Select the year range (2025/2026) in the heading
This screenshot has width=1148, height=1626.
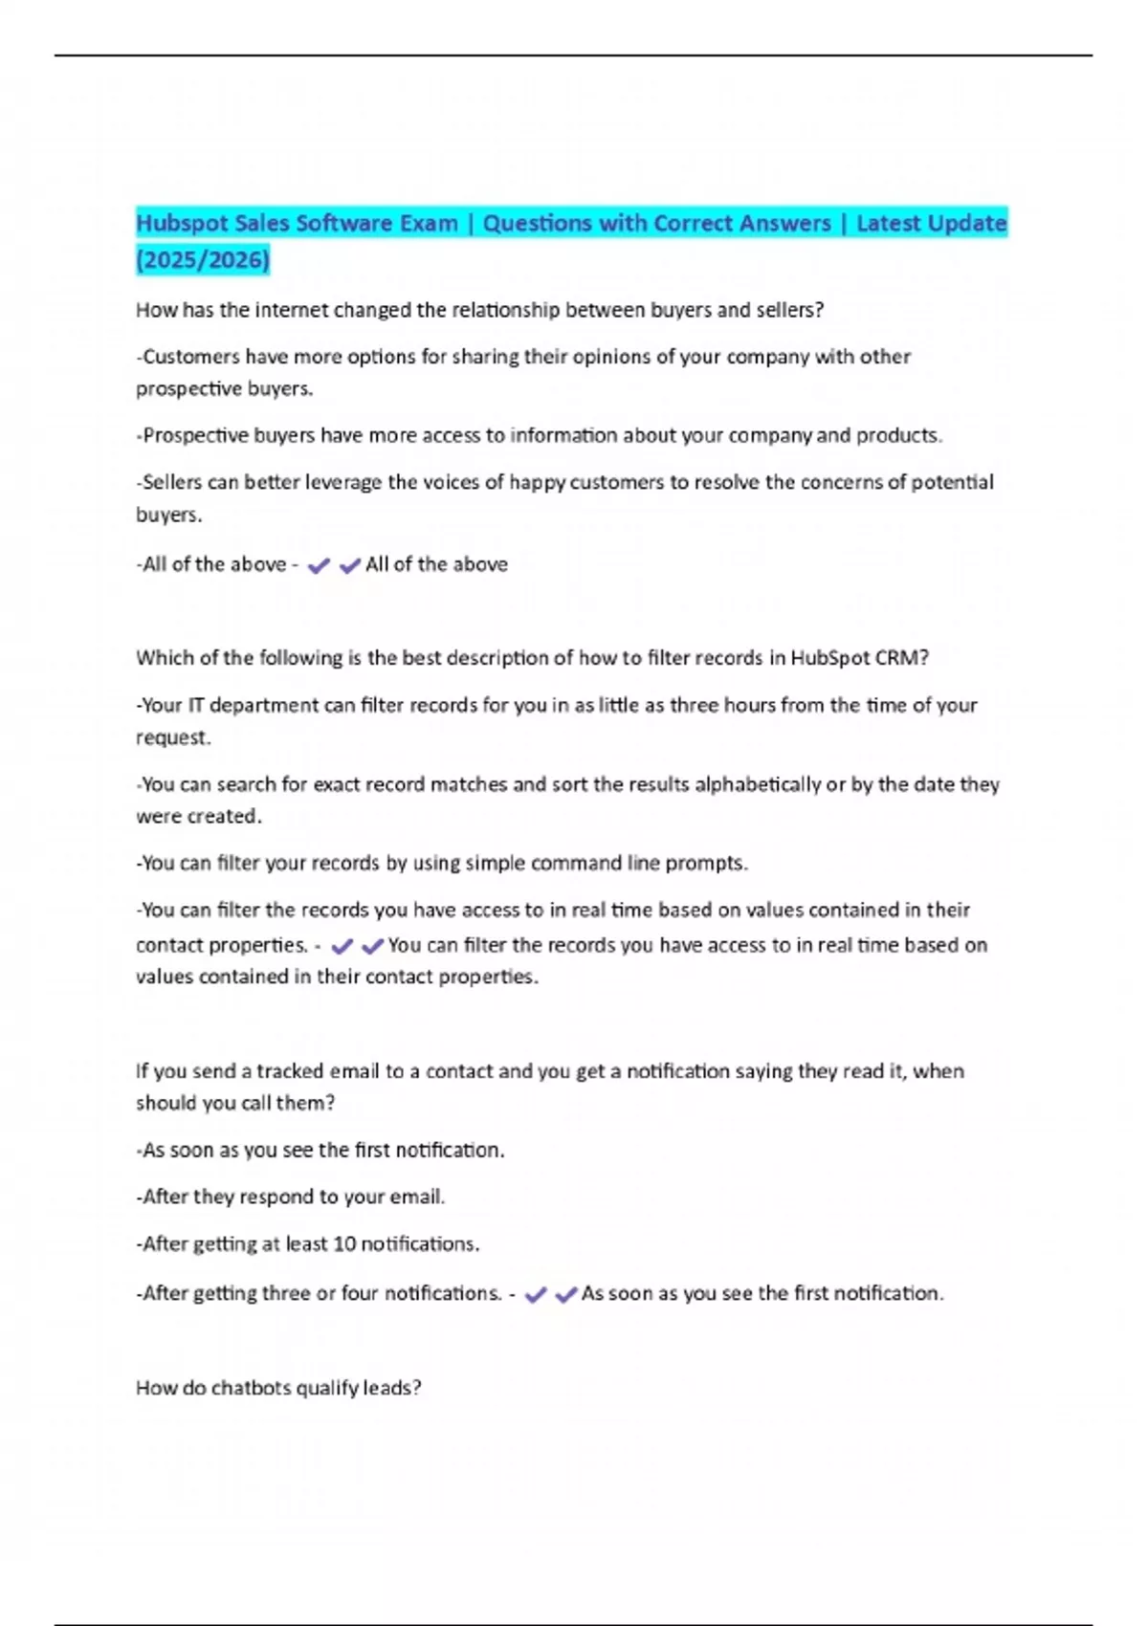click(x=203, y=259)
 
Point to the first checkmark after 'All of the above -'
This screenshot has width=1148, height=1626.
click(x=319, y=565)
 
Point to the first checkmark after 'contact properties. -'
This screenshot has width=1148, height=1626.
click(x=342, y=946)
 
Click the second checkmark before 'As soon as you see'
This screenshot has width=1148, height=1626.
click(x=565, y=1294)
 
